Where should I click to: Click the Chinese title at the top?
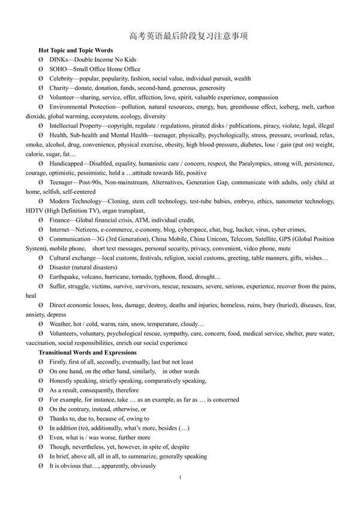pos(180,36)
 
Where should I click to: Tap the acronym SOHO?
pos(59,69)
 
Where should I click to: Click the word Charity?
pos(61,88)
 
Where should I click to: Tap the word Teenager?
pos(62,182)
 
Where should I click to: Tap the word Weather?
pos(62,323)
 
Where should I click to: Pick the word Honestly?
pos(64,380)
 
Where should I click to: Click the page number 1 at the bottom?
pos(180,476)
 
